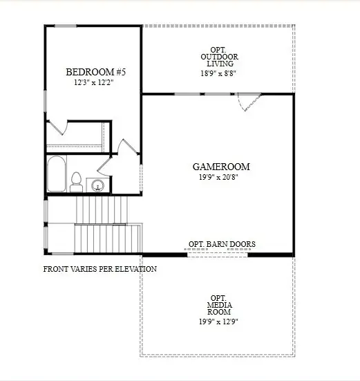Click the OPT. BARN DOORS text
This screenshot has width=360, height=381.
point(222,244)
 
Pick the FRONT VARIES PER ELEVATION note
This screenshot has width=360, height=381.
point(100,269)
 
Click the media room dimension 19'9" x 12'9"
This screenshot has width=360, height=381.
point(219,322)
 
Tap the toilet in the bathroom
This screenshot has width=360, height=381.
point(76,181)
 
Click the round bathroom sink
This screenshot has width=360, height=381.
point(98,185)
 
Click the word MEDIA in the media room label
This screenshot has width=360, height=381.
point(219,305)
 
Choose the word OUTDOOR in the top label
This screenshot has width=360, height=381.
point(218,56)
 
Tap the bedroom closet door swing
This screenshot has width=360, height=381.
point(58,129)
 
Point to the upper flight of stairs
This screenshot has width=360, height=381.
point(101,207)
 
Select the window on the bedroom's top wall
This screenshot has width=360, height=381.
point(66,26)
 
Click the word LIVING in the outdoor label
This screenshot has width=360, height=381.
point(218,64)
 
